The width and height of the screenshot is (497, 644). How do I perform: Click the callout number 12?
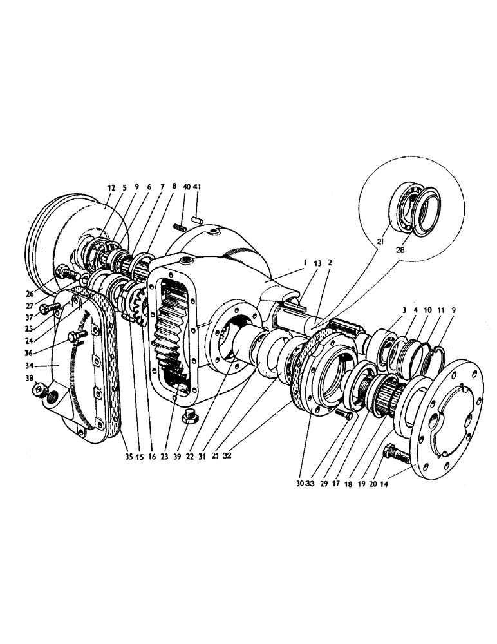point(111,187)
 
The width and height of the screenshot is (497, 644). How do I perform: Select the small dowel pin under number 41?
point(198,221)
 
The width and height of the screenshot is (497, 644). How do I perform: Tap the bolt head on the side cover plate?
point(77,335)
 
